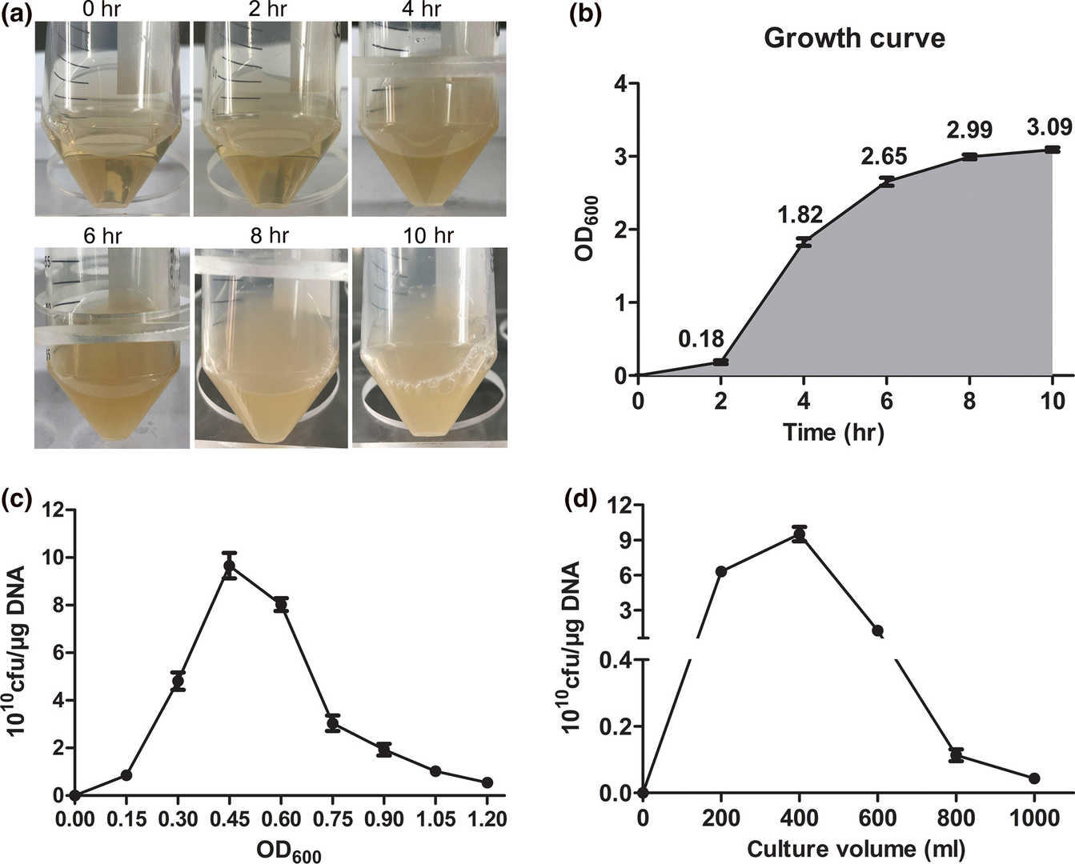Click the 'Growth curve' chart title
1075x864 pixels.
click(854, 38)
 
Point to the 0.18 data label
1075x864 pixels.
click(701, 339)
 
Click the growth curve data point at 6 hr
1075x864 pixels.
click(886, 182)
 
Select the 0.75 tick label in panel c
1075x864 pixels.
click(332, 819)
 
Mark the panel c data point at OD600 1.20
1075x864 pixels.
click(487, 782)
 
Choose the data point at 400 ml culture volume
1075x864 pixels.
click(798, 535)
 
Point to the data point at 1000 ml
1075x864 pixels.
click(1034, 778)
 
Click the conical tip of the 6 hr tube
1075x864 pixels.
click(112, 432)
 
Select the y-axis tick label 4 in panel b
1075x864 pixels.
click(621, 83)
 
